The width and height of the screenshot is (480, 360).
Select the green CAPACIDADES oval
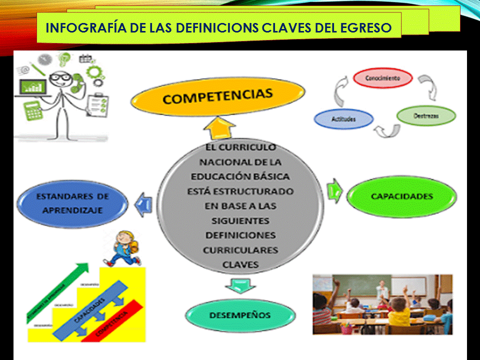pyautogui.click(x=401, y=196)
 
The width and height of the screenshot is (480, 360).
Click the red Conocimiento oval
pyautogui.click(x=382, y=78)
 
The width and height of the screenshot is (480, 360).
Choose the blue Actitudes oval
pyautogui.click(x=343, y=119)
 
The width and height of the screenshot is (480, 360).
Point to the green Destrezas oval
pyautogui.click(x=426, y=115)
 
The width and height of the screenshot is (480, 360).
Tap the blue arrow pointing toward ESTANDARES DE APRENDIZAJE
pyautogui.click(x=144, y=203)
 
